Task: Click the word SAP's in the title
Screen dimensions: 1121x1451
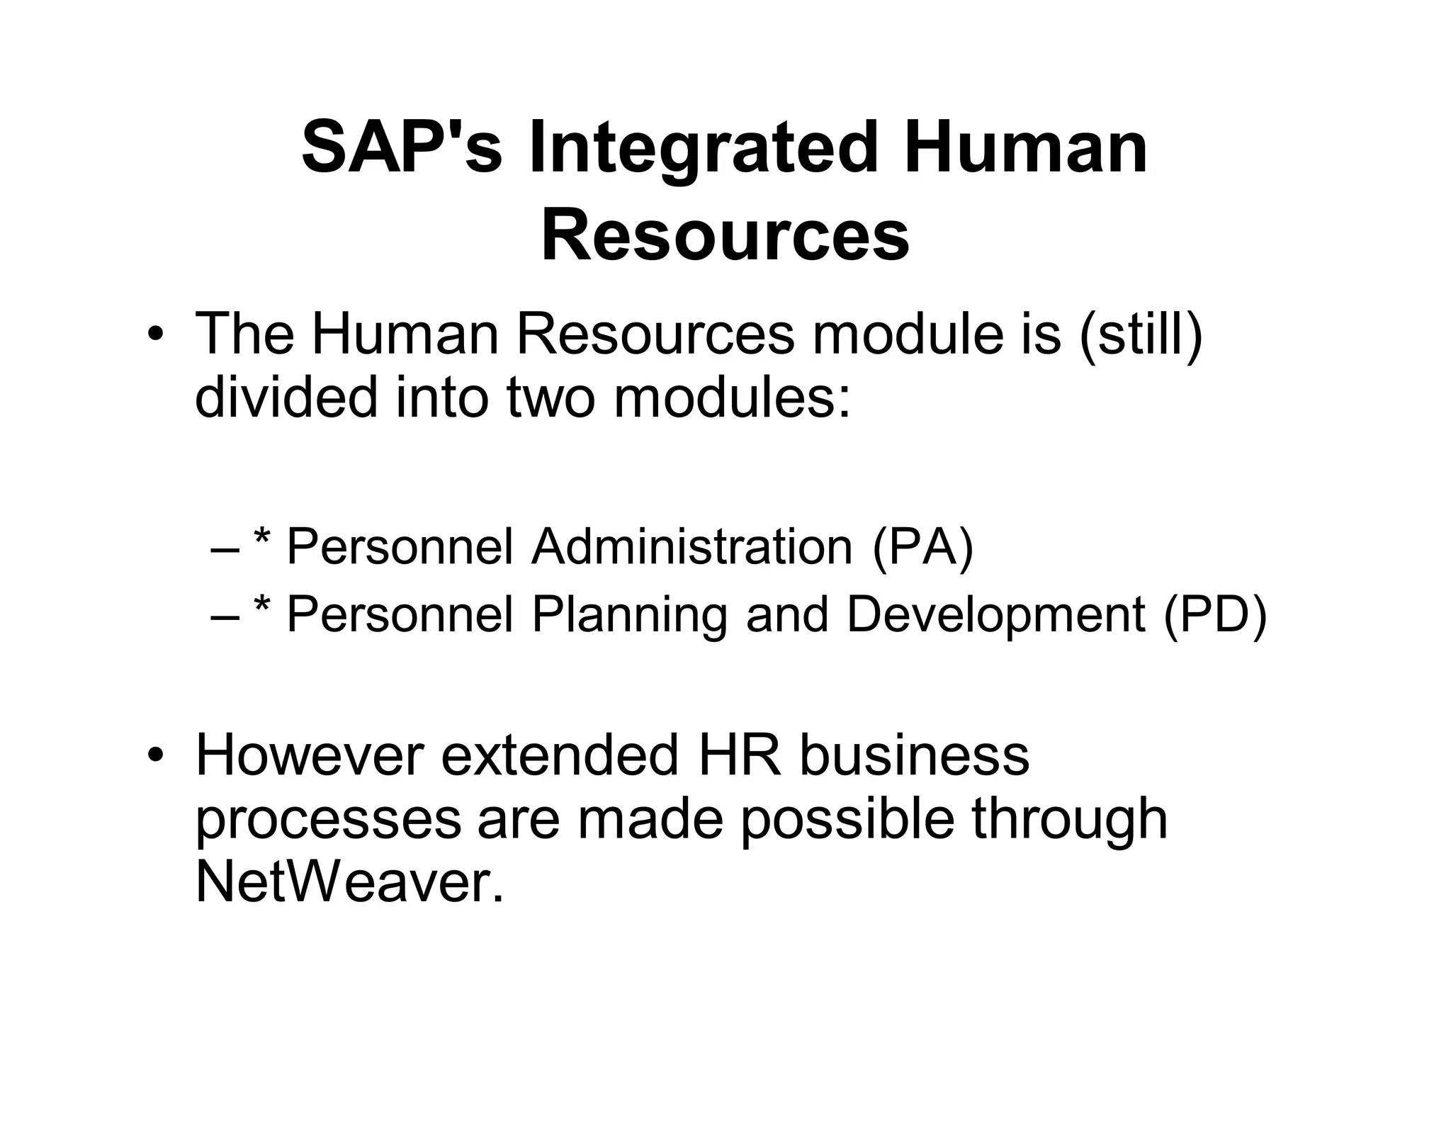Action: point(402,149)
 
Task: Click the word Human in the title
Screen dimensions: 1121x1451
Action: point(1025,149)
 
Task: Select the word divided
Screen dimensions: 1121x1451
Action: point(286,398)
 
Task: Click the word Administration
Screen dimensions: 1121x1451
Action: point(691,547)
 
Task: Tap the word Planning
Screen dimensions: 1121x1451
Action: point(629,614)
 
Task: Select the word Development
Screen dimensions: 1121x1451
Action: point(995,614)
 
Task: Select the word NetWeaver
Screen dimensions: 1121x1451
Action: point(349,883)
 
